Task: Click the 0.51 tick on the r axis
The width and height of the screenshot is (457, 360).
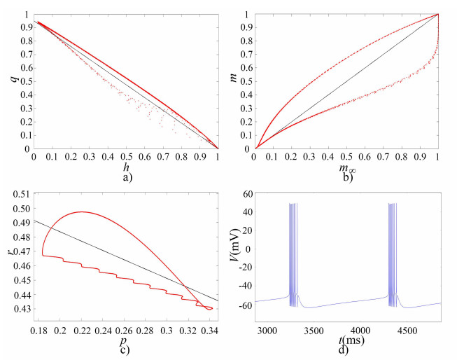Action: click(22, 194)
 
